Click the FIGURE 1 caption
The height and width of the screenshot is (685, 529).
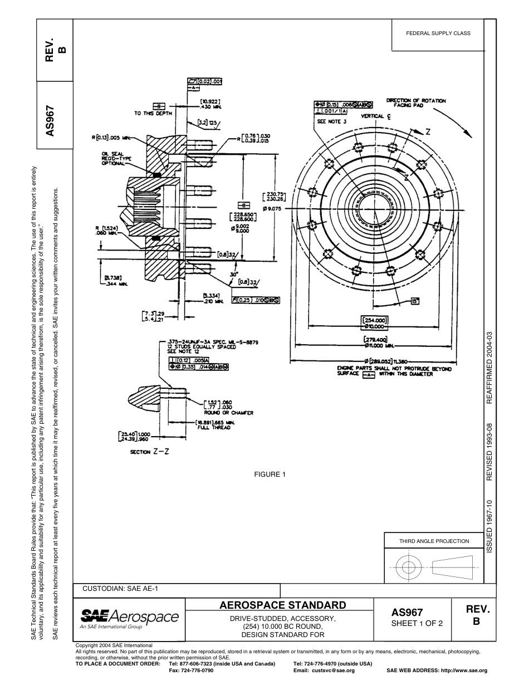pos(270,474)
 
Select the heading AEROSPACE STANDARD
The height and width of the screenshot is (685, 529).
pos(283,605)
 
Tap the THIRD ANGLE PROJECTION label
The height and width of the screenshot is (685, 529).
pos(434,541)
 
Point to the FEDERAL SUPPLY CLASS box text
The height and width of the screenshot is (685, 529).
pos(438,33)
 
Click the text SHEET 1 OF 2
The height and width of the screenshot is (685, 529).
pos(417,623)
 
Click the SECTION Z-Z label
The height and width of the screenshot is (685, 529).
pos(149,452)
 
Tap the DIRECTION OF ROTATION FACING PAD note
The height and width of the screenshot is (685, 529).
pos(416,102)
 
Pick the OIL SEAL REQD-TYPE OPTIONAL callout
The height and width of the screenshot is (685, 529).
pos(114,158)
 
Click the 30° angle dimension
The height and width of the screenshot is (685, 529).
pos(234,274)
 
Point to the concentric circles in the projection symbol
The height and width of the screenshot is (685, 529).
pos(409,567)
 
